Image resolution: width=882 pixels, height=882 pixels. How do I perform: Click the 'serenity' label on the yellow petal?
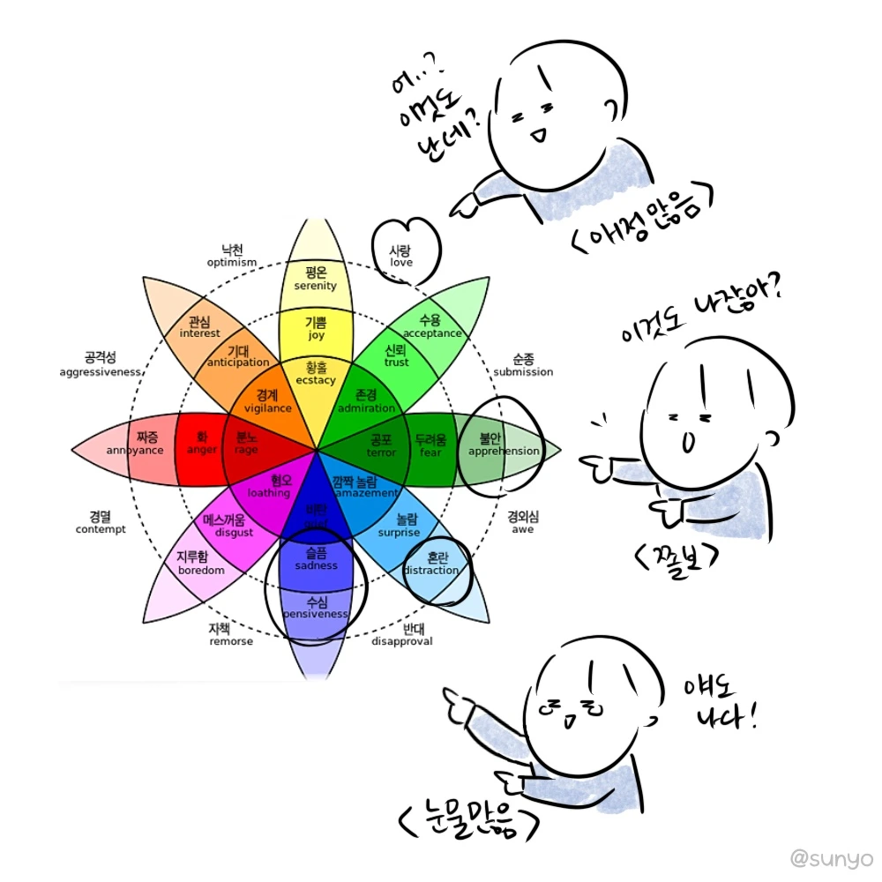(x=315, y=286)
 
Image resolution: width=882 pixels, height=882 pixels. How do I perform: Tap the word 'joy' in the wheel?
(x=316, y=336)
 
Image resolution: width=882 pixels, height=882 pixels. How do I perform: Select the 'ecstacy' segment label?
(x=316, y=381)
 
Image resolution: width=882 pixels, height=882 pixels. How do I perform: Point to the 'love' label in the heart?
(x=401, y=262)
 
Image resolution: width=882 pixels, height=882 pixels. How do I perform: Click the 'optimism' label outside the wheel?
(x=232, y=262)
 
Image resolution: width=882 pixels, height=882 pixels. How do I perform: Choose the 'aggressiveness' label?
(x=101, y=372)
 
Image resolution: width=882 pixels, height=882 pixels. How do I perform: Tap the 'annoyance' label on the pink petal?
(x=135, y=451)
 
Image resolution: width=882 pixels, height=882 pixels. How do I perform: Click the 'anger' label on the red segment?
(x=202, y=451)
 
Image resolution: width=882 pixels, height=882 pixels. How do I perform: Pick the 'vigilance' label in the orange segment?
(x=267, y=408)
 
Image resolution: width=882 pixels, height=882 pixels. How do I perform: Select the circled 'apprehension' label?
(x=503, y=451)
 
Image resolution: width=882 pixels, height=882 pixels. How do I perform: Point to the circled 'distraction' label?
(x=431, y=570)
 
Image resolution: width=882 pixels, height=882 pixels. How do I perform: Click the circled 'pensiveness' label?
(x=316, y=613)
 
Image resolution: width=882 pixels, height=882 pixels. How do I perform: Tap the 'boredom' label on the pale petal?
(x=202, y=570)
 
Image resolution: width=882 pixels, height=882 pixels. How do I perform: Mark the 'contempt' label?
(x=101, y=529)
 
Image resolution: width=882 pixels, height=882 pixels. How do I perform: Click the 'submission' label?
(x=523, y=371)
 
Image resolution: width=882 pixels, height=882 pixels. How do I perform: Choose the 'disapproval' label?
(x=402, y=641)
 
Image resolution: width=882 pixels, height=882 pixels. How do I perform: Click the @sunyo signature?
(x=831, y=857)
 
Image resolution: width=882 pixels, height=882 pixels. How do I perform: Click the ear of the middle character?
(x=774, y=438)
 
